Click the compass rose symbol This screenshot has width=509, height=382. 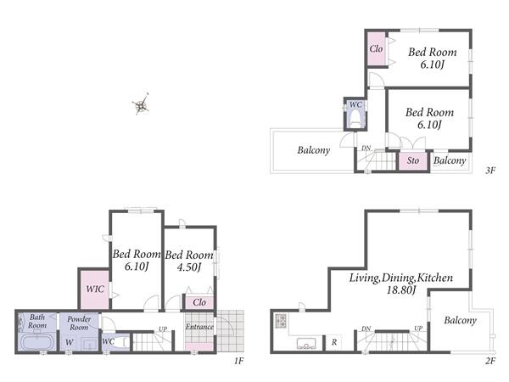[x=141, y=104]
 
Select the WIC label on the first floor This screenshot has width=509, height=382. [x=95, y=289]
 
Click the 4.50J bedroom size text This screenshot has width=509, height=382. [x=189, y=267]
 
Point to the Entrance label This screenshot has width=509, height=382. [x=199, y=327]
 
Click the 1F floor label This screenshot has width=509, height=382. [x=238, y=361]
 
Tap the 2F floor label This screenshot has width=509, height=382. [x=490, y=361]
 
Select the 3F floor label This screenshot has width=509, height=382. [x=490, y=171]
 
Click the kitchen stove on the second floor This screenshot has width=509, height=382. [x=281, y=321]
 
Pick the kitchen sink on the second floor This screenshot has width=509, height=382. [x=306, y=343]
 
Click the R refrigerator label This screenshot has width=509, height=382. [x=334, y=342]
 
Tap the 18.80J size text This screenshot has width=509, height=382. [x=401, y=289]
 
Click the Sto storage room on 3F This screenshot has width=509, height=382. [x=413, y=160]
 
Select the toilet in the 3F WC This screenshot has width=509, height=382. [x=355, y=118]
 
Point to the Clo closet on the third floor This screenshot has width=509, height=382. [x=377, y=48]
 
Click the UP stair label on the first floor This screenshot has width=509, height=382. [x=163, y=329]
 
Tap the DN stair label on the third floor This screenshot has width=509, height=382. [x=366, y=148]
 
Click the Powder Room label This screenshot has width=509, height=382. [x=79, y=323]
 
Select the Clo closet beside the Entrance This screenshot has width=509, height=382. [x=199, y=302]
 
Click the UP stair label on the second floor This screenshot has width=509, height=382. [x=418, y=329]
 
